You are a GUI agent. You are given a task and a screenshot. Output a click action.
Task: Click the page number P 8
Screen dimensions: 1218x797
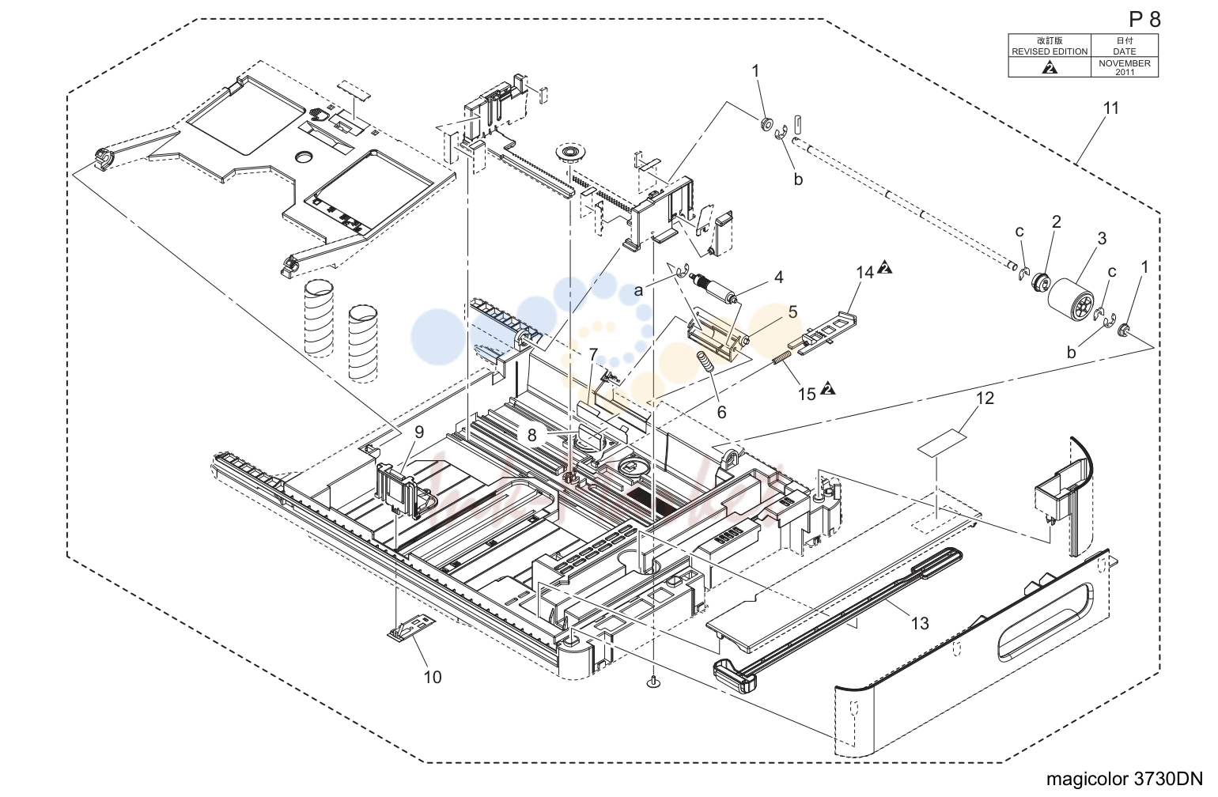tap(1144, 20)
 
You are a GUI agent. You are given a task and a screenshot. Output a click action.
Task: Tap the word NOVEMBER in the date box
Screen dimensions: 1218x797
tap(1125, 63)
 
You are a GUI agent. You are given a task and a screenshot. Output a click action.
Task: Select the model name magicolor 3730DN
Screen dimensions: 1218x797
tap(1125, 779)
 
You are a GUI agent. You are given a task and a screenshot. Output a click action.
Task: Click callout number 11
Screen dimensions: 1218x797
tap(1111, 108)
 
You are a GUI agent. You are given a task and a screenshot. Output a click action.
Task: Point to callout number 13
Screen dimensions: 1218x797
tap(920, 624)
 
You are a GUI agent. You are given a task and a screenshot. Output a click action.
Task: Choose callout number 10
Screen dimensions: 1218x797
tap(433, 677)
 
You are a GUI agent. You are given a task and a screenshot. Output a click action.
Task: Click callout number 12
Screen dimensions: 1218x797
tap(985, 398)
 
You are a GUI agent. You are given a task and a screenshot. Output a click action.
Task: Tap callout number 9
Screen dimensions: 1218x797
tap(418, 432)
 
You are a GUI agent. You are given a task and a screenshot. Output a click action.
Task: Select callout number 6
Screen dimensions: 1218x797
tap(721, 413)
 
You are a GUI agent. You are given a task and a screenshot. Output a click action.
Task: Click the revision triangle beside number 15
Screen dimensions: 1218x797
tap(827, 389)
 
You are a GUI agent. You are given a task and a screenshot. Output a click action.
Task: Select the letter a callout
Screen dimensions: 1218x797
tap(638, 291)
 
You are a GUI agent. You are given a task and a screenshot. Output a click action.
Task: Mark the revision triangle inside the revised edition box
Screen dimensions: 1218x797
tap(1050, 67)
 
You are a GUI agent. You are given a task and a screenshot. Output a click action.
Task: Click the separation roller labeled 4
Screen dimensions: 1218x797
tap(713, 288)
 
